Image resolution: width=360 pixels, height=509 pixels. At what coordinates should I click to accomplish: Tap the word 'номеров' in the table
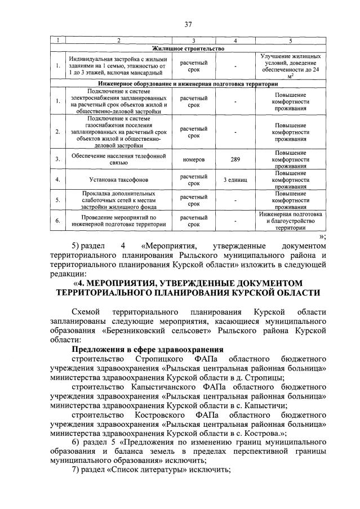[x=193, y=159]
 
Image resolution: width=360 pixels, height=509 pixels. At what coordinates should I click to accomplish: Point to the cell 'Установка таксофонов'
[x=114, y=180]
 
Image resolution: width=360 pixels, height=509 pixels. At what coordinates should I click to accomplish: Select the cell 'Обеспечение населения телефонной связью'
[x=114, y=159]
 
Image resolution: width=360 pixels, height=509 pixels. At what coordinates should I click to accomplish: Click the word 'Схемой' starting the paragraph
[x=87, y=311]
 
